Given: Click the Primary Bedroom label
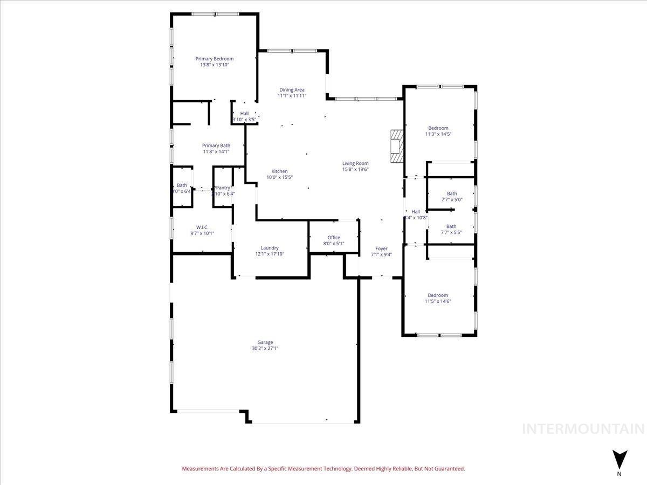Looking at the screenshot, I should click(214, 59).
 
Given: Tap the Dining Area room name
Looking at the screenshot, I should click(292, 89).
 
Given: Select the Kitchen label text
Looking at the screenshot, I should click(279, 171).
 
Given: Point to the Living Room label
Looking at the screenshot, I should click(355, 163).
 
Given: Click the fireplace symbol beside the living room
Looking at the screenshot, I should click(397, 146).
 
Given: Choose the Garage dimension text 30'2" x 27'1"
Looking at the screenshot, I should click(265, 349).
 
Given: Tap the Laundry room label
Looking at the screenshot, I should click(269, 248).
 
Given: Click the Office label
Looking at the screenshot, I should click(334, 238).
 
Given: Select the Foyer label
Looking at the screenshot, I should click(381, 248).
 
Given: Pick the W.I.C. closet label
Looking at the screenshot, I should click(202, 227).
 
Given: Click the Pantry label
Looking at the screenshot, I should click(223, 188).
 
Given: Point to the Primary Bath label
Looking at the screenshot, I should click(216, 145).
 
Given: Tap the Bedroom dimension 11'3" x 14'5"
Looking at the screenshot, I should click(438, 134).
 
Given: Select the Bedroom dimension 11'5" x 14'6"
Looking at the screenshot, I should click(438, 301).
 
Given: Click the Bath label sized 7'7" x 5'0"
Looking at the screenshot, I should click(451, 193).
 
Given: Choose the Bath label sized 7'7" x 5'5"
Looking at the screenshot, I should click(451, 226).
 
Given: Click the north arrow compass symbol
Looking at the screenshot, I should click(620, 460).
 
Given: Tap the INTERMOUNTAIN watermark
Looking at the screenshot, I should click(583, 429).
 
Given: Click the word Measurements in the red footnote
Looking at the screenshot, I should click(201, 469).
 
